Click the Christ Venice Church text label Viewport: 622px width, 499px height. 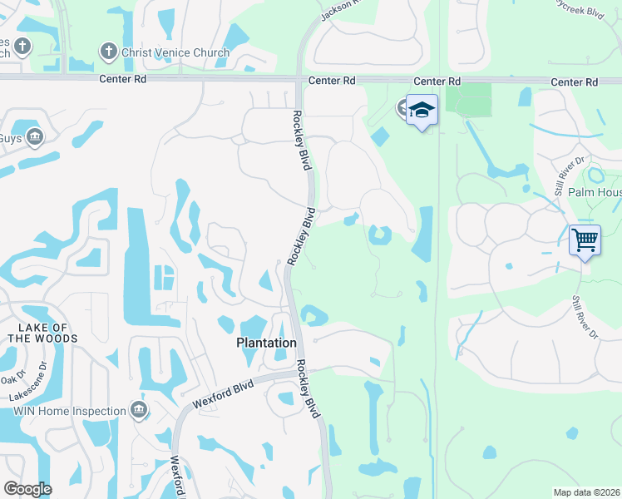click(x=175, y=52)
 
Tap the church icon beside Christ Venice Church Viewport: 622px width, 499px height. click(x=108, y=52)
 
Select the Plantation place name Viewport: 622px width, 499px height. click(x=266, y=343)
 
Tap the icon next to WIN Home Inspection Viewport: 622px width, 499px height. click(x=139, y=410)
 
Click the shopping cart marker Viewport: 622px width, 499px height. click(x=585, y=240)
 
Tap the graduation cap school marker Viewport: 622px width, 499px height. click(x=422, y=110)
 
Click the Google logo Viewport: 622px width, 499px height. click(x=28, y=489)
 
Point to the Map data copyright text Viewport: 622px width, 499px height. click(x=586, y=492)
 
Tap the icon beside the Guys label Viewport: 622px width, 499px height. click(x=34, y=136)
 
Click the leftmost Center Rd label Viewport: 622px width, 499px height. click(x=121, y=82)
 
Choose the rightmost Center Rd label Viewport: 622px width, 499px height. click(x=575, y=82)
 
